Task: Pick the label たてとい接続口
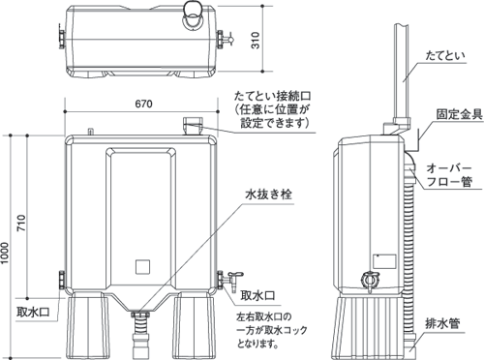279,97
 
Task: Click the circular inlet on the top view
190,12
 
